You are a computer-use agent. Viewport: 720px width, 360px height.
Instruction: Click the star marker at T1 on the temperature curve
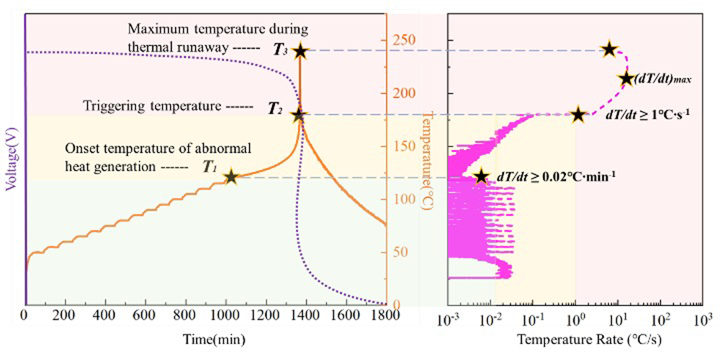coord(231,176)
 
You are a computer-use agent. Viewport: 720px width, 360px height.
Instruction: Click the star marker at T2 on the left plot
coord(299,114)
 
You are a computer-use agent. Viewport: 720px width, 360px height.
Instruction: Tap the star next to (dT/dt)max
coord(626,78)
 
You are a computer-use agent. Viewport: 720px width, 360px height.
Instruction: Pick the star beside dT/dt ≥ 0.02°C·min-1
coord(481,176)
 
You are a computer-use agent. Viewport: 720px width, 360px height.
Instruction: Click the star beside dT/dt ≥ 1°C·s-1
coord(577,114)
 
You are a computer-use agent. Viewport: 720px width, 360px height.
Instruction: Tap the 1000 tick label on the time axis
coord(225,316)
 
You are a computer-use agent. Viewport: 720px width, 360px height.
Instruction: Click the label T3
coord(280,50)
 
